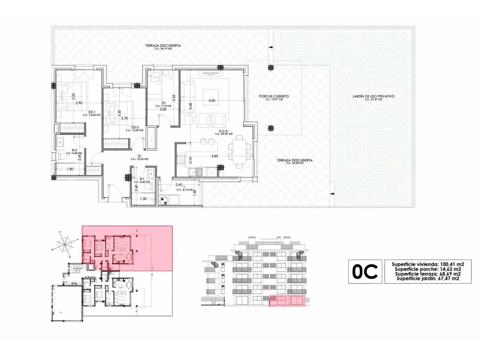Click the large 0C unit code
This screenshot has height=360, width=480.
(365, 271)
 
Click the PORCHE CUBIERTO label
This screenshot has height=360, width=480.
(274, 96)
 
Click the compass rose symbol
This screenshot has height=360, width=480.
(65, 244)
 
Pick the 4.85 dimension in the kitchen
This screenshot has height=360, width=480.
(215, 156)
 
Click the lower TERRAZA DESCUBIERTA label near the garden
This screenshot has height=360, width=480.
(295, 160)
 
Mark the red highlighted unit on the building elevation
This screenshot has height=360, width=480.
(287, 301)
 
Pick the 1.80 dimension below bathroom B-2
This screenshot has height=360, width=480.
(70, 169)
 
